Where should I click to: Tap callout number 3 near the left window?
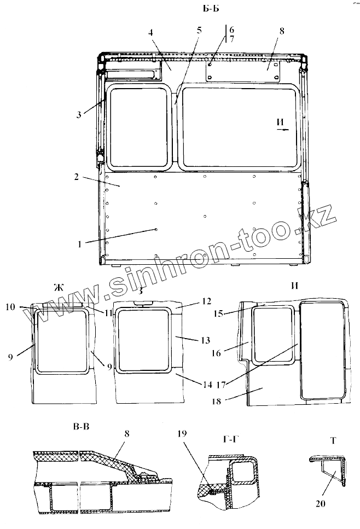(80, 114)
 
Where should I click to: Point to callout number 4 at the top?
(150, 32)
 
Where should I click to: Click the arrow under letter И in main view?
(283, 131)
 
